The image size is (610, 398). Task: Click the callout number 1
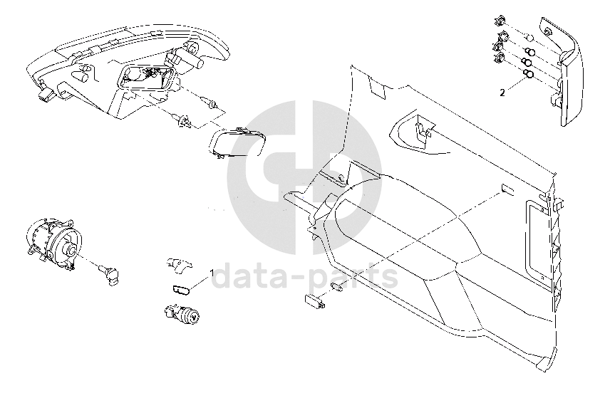click(x=211, y=273)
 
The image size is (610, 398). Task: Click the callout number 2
click(x=502, y=93)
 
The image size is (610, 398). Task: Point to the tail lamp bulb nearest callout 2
click(x=529, y=73)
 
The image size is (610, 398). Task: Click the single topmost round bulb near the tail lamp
click(x=530, y=38)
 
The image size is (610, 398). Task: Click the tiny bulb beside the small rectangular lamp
click(x=338, y=287)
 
